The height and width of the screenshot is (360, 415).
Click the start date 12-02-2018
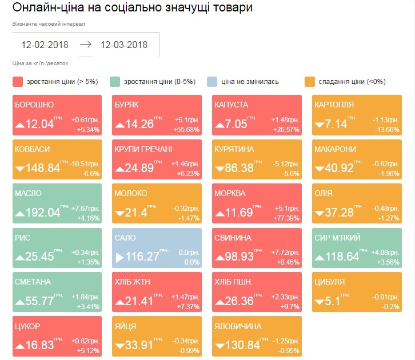point(45,45)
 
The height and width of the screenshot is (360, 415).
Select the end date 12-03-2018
point(124,45)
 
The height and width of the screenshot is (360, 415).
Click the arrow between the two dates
point(85,45)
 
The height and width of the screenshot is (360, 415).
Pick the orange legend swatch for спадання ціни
point(311,82)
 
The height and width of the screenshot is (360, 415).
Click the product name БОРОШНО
point(34,105)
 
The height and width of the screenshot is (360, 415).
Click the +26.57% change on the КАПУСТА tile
point(288,130)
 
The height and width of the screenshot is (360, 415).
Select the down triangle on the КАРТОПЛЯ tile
point(318,125)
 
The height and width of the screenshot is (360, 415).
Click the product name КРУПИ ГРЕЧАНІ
point(143,149)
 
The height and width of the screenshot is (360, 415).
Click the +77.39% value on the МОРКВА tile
point(288,218)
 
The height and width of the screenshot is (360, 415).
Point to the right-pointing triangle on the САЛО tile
point(119,258)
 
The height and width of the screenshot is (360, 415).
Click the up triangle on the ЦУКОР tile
point(19,346)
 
